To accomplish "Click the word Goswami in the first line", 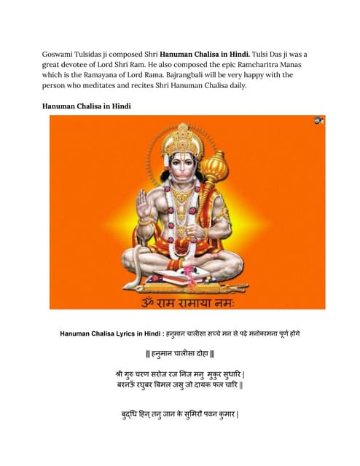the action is point(60,54).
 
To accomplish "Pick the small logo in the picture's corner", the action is point(318,120).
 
